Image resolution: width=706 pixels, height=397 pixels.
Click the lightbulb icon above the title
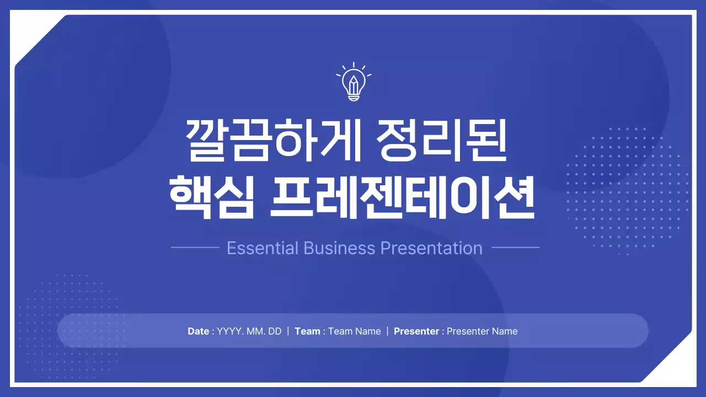pos(354,83)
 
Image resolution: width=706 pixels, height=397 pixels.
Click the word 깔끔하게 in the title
pos(273,141)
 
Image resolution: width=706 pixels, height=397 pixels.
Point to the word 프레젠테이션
pos(402,197)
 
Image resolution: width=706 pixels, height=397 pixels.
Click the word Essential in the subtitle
pos(263,248)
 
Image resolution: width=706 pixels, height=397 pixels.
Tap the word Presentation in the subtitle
pos(432,248)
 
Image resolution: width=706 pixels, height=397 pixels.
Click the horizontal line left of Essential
pos(195,248)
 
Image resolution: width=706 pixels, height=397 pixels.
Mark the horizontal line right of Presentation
pos(515,248)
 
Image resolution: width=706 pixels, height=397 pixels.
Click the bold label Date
pos(198,331)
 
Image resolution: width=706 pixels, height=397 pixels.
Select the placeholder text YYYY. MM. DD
pos(249,331)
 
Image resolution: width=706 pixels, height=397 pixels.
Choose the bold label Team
pos(307,331)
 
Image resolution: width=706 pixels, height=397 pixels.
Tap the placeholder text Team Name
pos(355,331)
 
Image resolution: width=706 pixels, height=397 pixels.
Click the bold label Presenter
pos(416,331)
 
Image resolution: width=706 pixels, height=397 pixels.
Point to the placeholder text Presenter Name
pos(482,331)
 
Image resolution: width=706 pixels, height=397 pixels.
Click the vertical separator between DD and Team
pos(288,331)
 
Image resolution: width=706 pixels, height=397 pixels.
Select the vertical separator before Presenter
pos(387,331)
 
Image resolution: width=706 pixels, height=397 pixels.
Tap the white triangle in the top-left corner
pos(28,30)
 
